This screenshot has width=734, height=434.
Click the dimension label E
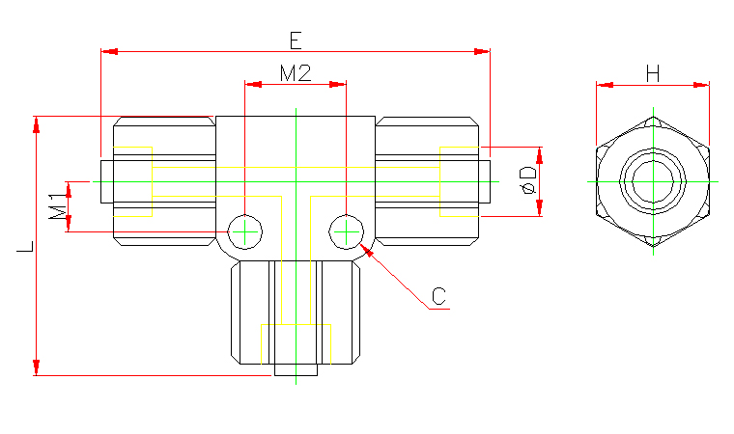296,40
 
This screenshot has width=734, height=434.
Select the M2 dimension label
295,73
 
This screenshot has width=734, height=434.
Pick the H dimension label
653,72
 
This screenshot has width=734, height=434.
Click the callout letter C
439,296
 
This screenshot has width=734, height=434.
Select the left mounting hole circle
245,231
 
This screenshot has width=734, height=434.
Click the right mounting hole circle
346,231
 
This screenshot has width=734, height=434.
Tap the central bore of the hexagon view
653,180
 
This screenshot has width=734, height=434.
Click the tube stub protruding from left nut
106,181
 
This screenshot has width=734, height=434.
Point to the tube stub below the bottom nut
296,369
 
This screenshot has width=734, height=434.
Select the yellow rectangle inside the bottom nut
296,342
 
